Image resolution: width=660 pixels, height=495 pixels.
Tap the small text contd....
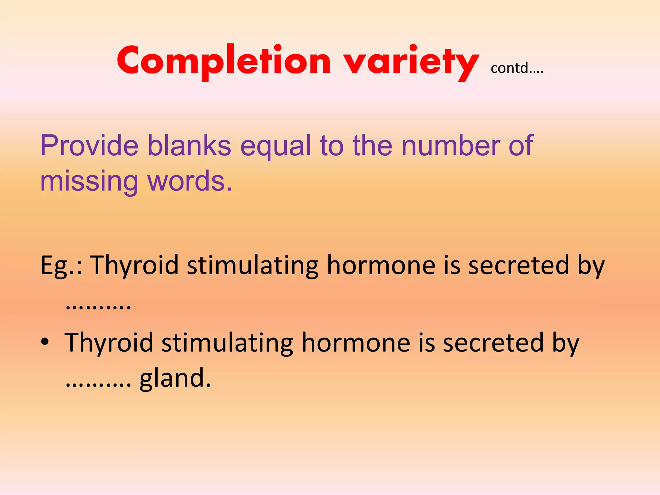click(x=517, y=68)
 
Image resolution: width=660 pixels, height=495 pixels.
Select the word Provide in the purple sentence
click(x=89, y=146)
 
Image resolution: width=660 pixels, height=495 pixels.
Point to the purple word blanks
click(x=189, y=146)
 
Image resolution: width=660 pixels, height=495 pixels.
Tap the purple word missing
click(x=89, y=181)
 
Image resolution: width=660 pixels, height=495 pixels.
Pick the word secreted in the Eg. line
click(x=519, y=265)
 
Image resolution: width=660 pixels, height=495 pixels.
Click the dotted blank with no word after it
click(x=98, y=306)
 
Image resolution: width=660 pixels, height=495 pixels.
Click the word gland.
click(x=175, y=378)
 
